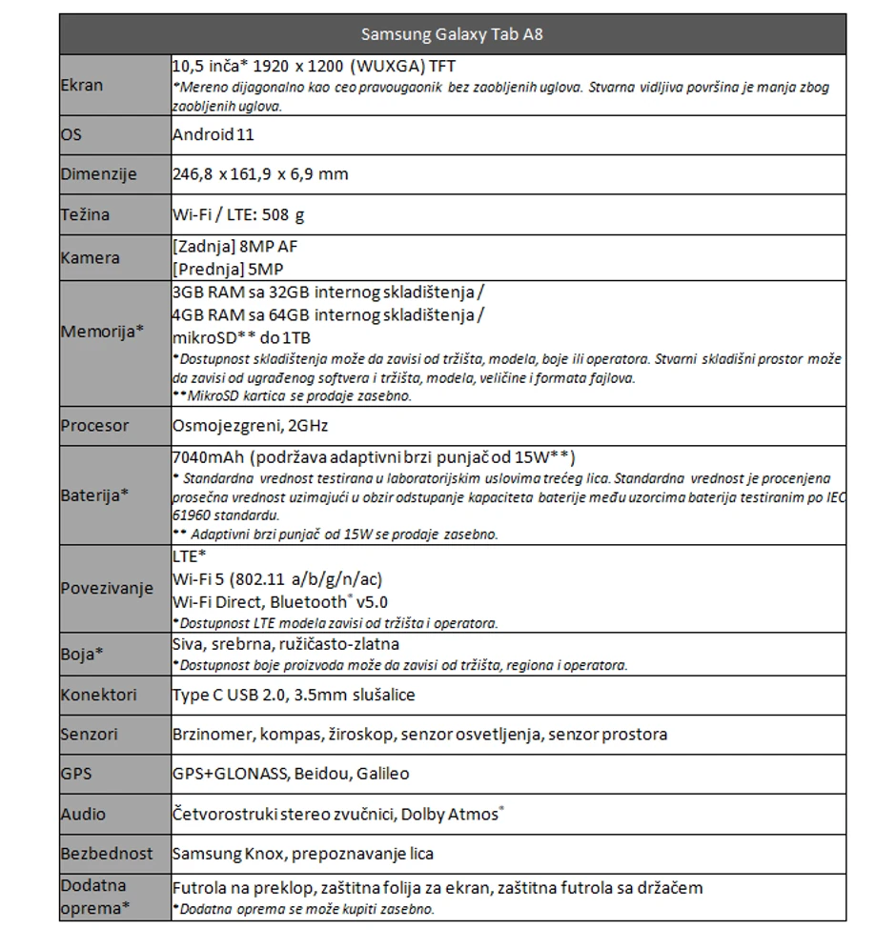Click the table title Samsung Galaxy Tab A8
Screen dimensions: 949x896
pyautogui.click(x=452, y=35)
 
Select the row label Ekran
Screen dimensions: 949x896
pyautogui.click(x=82, y=85)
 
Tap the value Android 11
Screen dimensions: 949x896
pyautogui.click(x=213, y=134)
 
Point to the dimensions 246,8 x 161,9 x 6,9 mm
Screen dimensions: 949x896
pyautogui.click(x=260, y=174)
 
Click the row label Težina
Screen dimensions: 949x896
pyautogui.click(x=85, y=214)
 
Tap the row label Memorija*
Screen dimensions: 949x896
pyautogui.click(x=102, y=332)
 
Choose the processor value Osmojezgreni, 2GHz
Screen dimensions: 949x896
pyautogui.click(x=250, y=426)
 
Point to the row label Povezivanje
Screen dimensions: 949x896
pyautogui.click(x=107, y=588)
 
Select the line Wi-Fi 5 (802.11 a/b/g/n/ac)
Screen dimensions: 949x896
pyautogui.click(x=278, y=579)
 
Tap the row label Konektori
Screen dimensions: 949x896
pyautogui.click(x=98, y=695)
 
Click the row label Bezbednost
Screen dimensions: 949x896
pyautogui.click(x=107, y=854)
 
